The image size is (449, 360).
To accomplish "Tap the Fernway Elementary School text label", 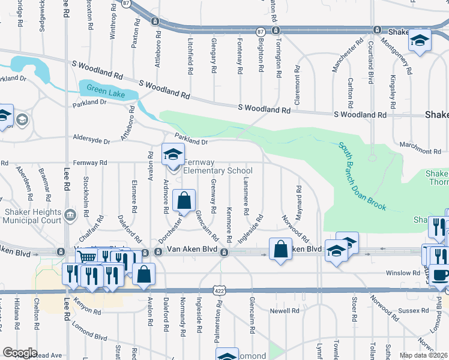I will pos(217,167).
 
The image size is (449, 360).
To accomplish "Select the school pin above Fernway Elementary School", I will pos(173,155).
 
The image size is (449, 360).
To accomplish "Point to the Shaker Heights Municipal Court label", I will pos(32,217).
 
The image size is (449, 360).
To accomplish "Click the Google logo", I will pos(20,353).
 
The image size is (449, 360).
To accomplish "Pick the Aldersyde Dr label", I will pos(91,142).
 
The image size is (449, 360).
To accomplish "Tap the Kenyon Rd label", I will pos(88,304).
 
